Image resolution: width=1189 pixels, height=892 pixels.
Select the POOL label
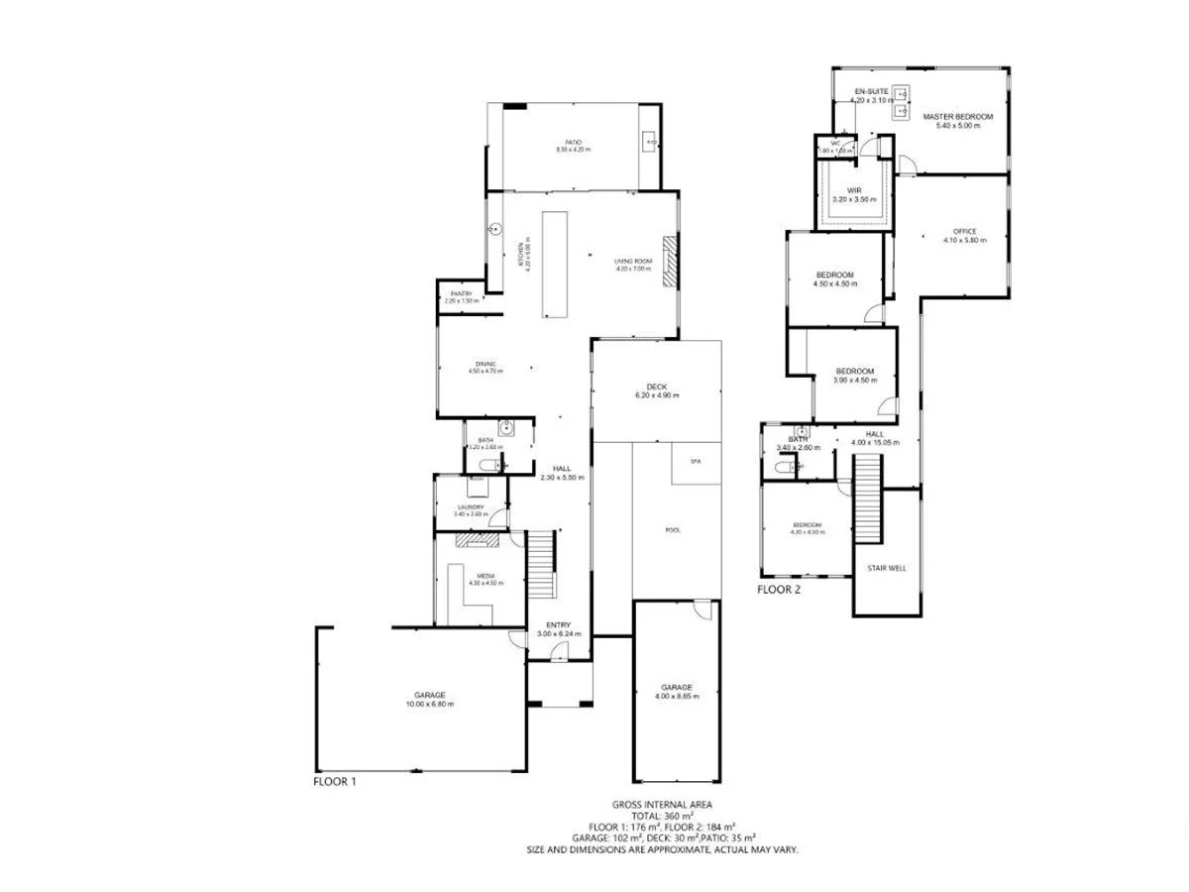tap(673, 530)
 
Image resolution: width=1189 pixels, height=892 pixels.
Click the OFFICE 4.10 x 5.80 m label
tap(964, 236)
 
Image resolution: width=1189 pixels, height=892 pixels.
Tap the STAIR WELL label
tap(886, 568)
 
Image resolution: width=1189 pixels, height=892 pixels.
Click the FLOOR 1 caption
tap(334, 781)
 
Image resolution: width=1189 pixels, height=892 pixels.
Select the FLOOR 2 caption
tap(779, 589)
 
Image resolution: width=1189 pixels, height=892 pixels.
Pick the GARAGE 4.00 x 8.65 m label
tap(677, 691)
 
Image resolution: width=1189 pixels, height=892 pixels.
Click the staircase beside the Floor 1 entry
tap(541, 564)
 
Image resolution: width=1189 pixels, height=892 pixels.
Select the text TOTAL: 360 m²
tap(661, 816)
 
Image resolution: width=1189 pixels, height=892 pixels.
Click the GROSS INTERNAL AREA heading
tap(661, 805)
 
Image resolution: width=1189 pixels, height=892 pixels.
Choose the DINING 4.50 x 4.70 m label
tap(486, 368)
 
